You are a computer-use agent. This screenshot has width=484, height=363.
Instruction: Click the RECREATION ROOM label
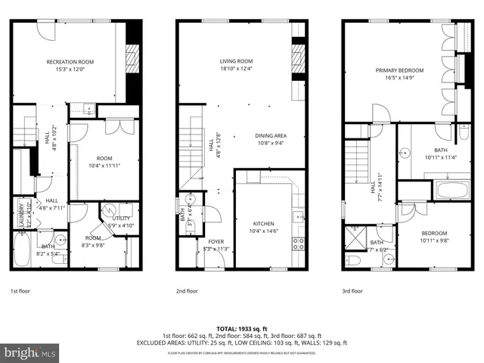[x=70, y=61]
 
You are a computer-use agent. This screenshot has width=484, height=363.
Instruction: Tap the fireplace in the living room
[x=298, y=57]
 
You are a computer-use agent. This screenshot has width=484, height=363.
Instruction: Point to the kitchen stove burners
[x=299, y=244]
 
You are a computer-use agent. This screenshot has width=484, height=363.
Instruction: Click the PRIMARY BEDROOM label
[x=400, y=70]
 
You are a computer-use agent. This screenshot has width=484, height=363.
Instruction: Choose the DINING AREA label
[x=270, y=135]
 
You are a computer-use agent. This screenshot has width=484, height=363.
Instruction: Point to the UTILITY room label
[x=121, y=219]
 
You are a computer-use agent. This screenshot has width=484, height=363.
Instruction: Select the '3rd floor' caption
[x=352, y=290]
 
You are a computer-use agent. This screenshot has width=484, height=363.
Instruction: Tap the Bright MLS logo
[x=30, y=352]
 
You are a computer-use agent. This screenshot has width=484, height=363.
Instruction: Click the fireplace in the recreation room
[x=134, y=57]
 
